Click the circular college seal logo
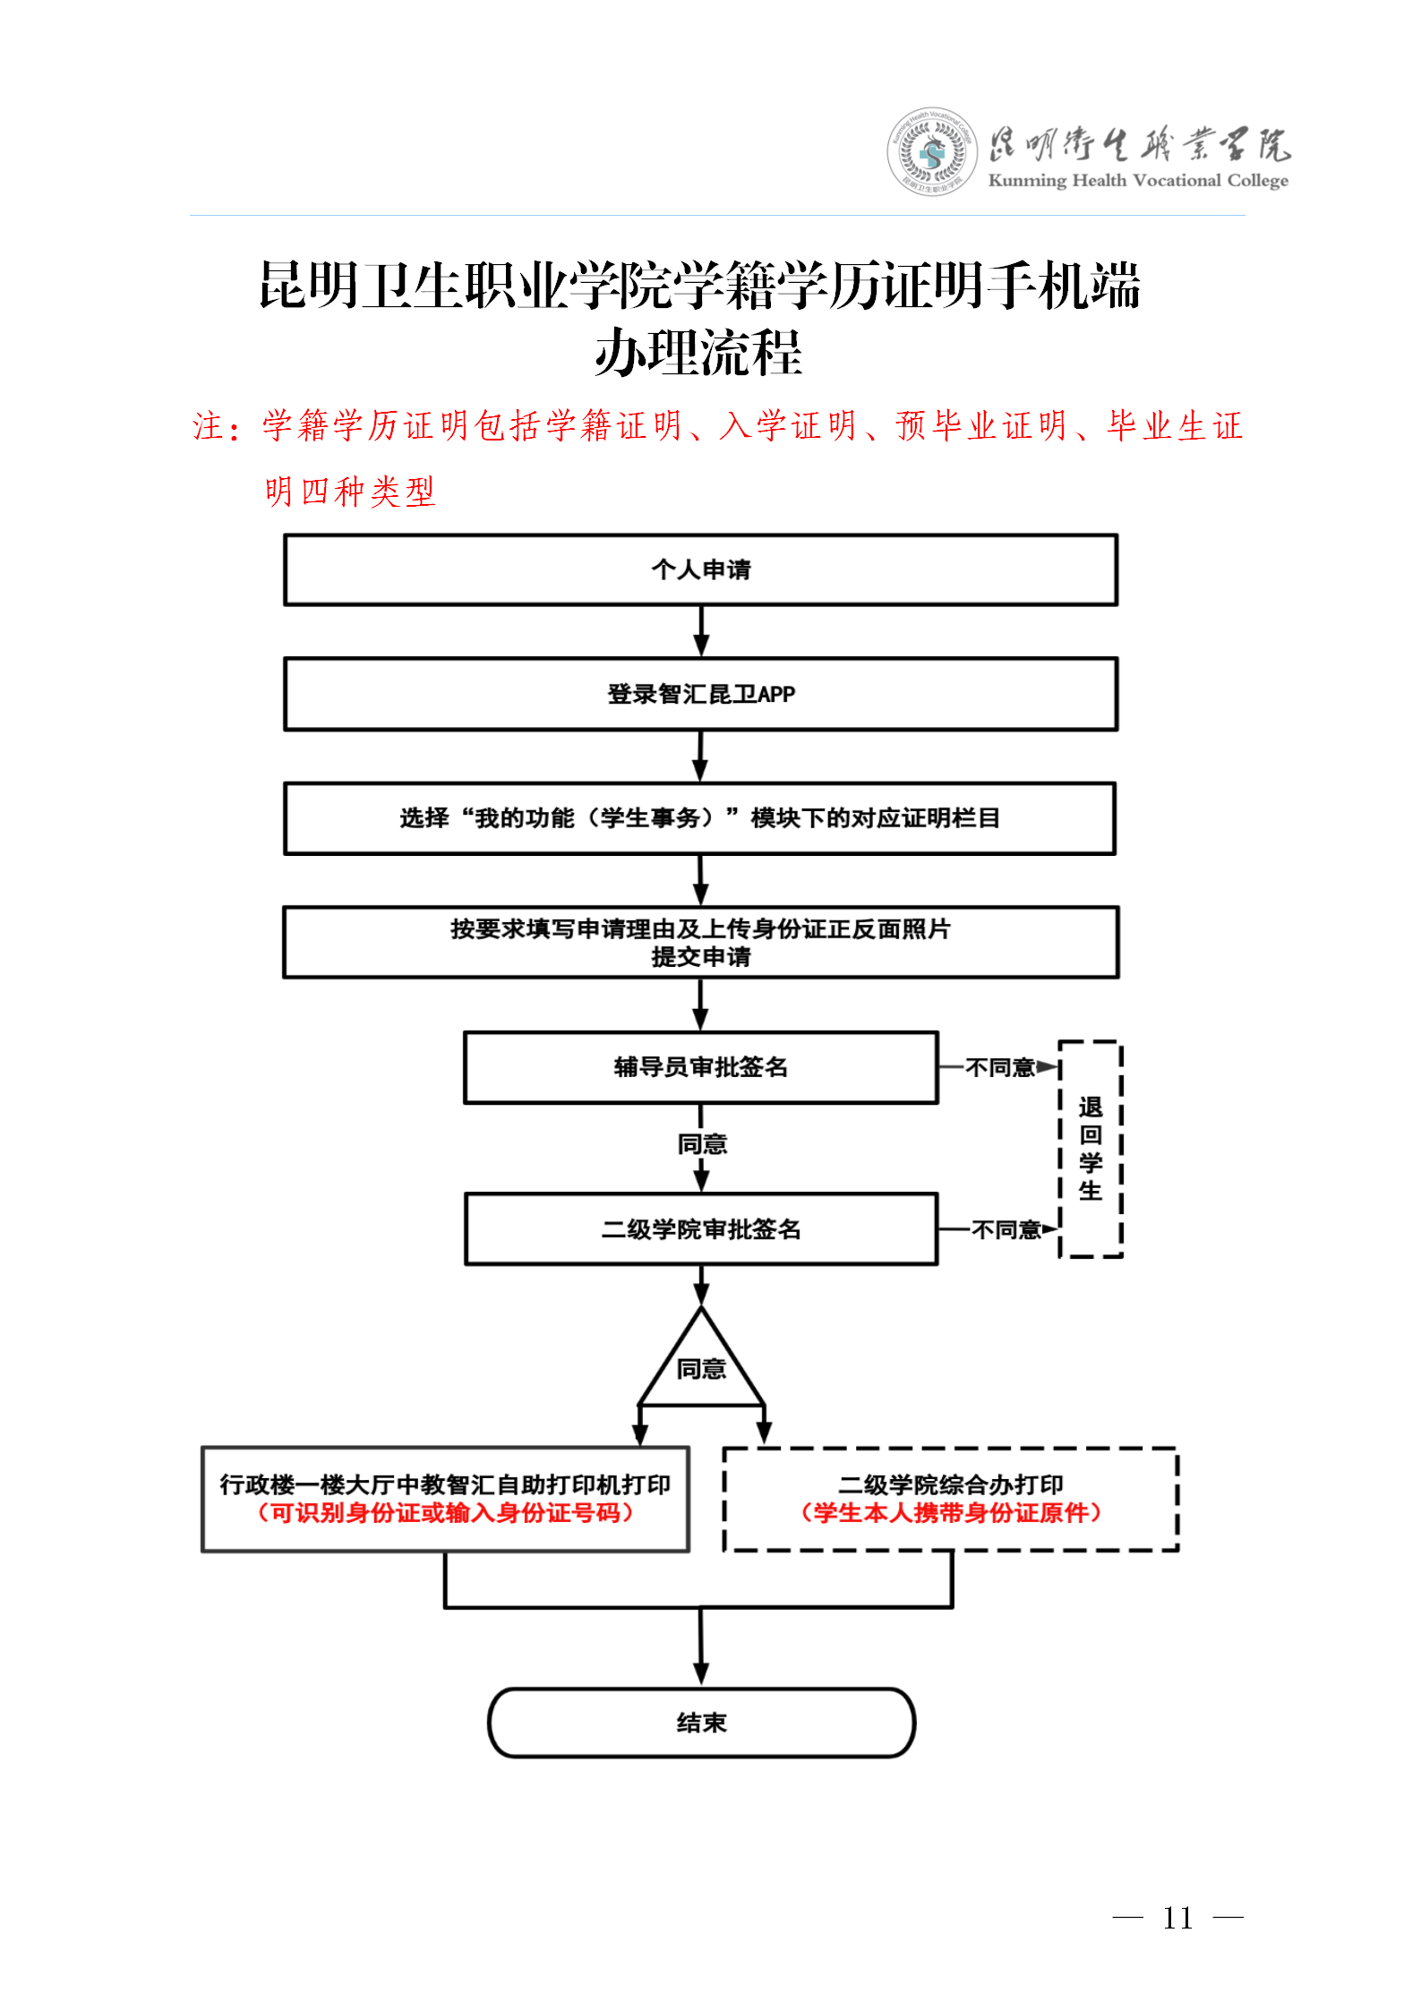pos(932,152)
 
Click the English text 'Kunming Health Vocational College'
pos(1137,181)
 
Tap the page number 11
pos(1177,1918)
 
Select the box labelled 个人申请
pos(700,569)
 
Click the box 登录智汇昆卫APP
pos(700,694)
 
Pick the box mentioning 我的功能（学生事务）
pos(700,818)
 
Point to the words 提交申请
pos(700,957)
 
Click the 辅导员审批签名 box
pos(700,1067)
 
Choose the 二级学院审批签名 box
pos(700,1229)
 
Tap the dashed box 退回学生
pos(1090,1149)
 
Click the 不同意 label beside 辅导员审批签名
pos(999,1067)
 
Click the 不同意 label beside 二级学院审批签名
pos(1006,1230)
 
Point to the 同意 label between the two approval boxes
pos(702,1144)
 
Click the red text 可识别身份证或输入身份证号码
pos(445,1513)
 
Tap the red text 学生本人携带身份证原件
pos(950,1513)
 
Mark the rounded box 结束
pos(700,1723)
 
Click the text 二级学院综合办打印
pos(950,1484)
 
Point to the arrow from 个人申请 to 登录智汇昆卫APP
pos(701,631)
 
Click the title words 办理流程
pos(698,353)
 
